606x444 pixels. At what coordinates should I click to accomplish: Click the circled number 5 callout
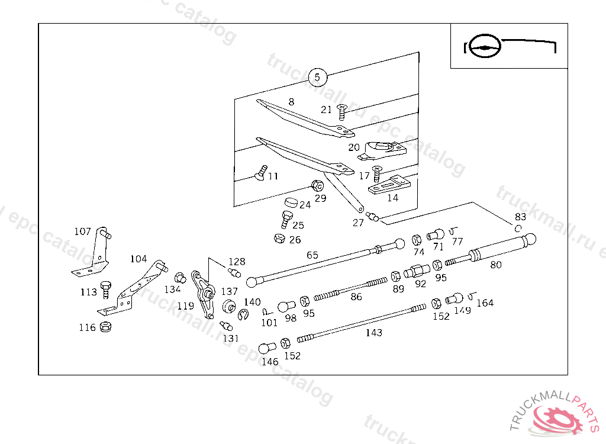[317, 77]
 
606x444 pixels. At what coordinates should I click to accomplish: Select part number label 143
[373, 333]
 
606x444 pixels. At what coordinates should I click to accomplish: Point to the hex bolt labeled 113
[106, 289]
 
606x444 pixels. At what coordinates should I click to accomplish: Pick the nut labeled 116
[106, 326]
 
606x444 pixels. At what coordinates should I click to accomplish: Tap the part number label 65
[312, 256]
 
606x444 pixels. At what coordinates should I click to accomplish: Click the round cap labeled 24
[290, 202]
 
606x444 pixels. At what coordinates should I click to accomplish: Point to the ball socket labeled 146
[266, 348]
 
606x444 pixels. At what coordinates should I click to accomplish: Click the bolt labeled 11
[260, 173]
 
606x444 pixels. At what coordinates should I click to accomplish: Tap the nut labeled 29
[317, 185]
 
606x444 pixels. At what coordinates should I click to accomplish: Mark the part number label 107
[82, 231]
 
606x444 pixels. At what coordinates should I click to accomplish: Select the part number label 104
[138, 259]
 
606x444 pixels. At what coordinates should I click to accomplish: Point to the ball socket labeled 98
[286, 307]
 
